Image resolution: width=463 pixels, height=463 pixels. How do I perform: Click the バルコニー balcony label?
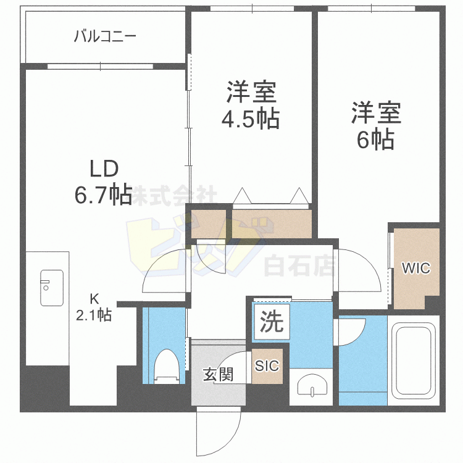104,36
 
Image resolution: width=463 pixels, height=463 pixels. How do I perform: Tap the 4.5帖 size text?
251,118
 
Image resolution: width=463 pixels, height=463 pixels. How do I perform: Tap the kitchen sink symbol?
51,287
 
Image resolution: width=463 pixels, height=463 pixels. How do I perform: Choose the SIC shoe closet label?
267,365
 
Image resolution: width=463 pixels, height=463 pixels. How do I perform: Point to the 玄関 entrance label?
217,374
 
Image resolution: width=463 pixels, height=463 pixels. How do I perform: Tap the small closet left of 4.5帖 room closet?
208,223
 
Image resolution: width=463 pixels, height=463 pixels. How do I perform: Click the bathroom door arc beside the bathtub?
350,330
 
